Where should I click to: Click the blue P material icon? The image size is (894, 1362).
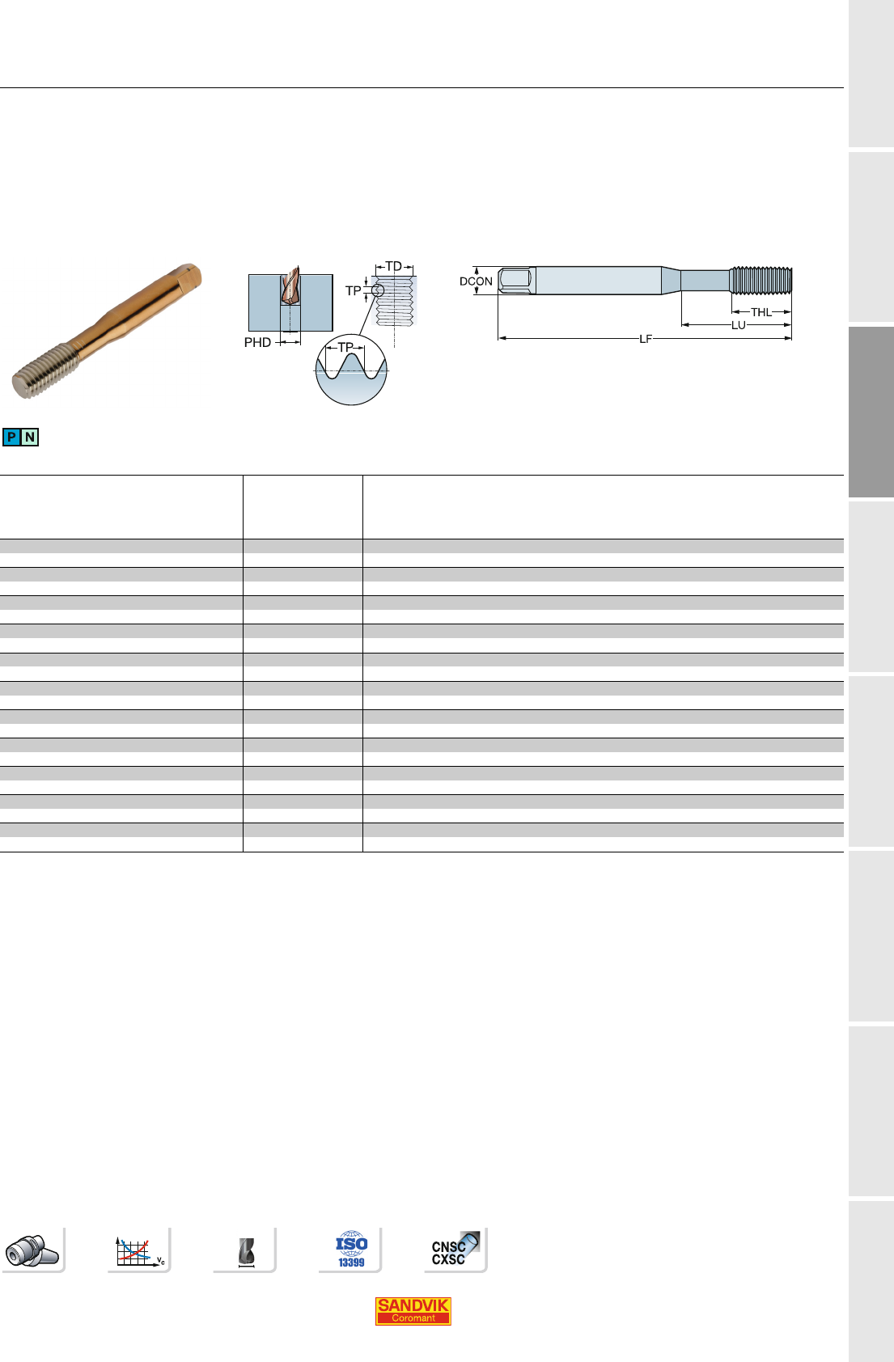point(11,437)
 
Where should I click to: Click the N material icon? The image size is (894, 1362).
point(30,437)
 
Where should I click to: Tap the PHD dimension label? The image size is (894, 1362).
point(257,343)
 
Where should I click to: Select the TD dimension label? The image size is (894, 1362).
point(393,266)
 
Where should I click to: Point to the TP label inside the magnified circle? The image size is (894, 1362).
point(345,347)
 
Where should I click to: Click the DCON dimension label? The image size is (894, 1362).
point(476,281)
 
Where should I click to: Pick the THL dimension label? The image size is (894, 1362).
point(761,312)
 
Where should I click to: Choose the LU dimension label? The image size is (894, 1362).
point(739,325)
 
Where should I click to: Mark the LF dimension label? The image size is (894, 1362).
point(646,339)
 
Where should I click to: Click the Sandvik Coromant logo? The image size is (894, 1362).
point(413,1310)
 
